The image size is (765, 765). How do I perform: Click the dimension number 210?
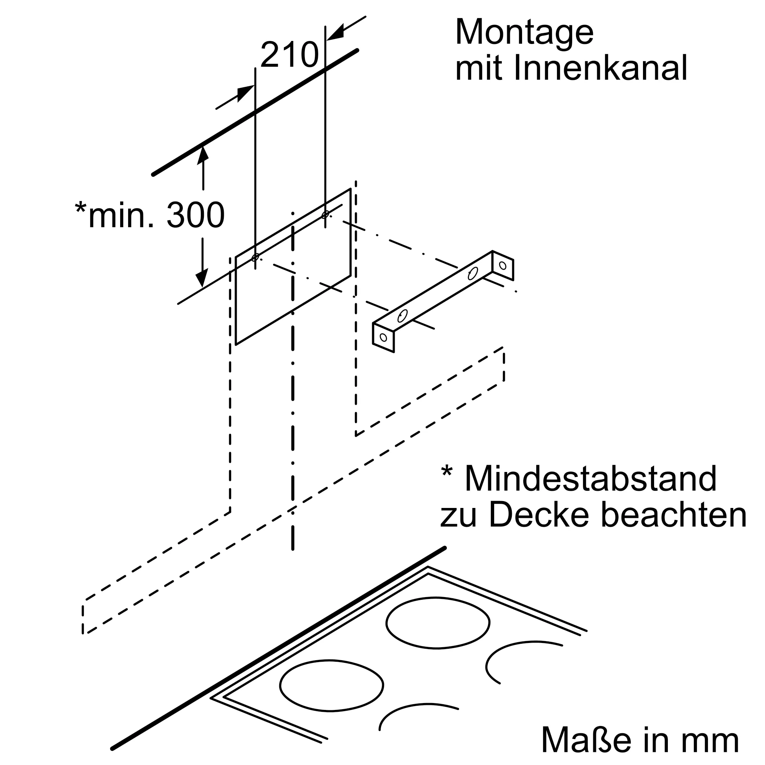coord(290,55)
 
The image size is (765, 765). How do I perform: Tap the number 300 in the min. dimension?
coord(195,215)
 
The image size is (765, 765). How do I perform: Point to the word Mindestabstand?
coord(590,479)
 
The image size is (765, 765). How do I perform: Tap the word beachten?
coord(674,515)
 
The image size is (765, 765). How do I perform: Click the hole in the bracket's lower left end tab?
coord(383,337)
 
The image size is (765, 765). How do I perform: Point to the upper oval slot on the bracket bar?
coord(473,273)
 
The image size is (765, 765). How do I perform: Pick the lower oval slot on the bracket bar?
coord(402,316)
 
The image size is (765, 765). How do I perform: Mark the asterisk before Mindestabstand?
coord(447,472)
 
